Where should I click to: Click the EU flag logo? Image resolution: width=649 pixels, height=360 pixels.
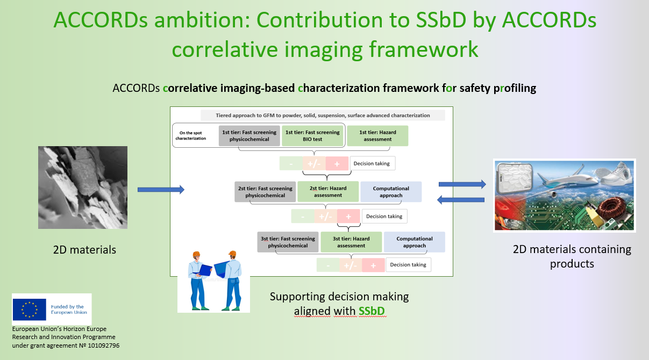29,309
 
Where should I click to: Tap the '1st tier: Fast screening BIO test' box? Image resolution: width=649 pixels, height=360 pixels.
312,135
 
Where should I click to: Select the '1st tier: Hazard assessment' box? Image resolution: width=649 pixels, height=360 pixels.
377,135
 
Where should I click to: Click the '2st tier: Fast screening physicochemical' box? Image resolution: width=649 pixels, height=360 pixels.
265,192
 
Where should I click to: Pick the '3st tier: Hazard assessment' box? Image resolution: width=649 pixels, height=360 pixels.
351,242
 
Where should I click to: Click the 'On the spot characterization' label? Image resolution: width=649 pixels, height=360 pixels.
191,135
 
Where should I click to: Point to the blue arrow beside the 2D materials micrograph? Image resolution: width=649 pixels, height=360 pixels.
161,190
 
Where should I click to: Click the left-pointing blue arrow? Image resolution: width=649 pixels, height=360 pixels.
461,199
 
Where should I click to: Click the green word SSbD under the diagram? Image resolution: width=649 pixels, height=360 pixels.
372,311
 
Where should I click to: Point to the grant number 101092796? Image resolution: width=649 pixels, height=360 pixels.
103,345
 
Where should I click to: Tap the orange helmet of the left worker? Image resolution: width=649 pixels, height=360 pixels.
196,254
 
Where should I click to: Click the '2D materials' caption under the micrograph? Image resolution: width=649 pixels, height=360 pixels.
84,250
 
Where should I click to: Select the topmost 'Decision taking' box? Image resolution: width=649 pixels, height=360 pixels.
372,163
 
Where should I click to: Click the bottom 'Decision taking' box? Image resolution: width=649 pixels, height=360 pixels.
408,265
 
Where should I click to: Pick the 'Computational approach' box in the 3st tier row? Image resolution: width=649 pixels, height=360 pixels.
415,242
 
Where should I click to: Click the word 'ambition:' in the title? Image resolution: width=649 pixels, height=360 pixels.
202,21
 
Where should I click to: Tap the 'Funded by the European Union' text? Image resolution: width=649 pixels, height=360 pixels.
69,309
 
